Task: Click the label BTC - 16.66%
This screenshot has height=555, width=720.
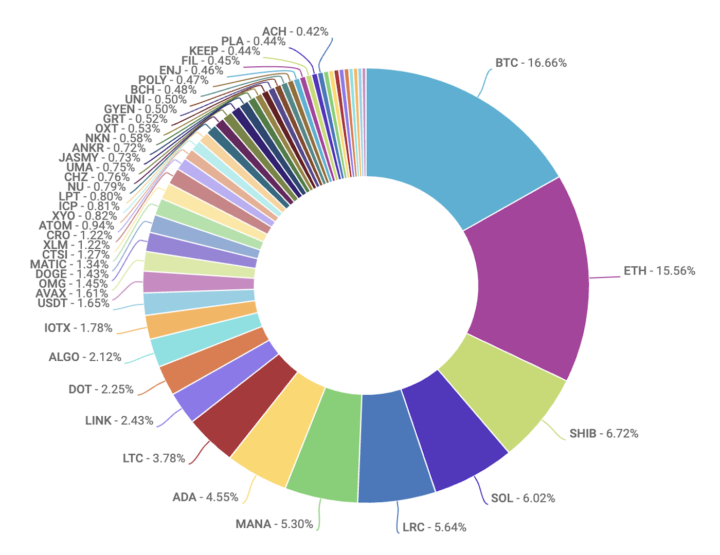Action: pyautogui.click(x=531, y=63)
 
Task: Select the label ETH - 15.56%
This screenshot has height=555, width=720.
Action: pyautogui.click(x=659, y=271)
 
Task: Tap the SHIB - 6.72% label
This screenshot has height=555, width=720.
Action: pyautogui.click(x=604, y=434)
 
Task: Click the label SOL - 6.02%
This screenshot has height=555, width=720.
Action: pyautogui.click(x=523, y=498)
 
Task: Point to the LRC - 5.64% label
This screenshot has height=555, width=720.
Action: pyautogui.click(x=435, y=527)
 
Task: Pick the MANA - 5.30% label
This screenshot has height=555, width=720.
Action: pyautogui.click(x=274, y=524)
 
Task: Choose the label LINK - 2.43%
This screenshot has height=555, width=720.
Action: pyautogui.click(x=119, y=421)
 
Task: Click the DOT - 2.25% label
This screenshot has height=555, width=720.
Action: pyautogui.click(x=101, y=390)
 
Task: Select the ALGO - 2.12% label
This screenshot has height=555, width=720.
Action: pyautogui.click(x=85, y=357)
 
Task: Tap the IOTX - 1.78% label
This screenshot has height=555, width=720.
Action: pyautogui.click(x=78, y=328)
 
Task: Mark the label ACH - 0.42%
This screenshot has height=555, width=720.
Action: pyautogui.click(x=295, y=32)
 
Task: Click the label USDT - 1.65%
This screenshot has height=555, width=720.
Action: pyautogui.click(x=74, y=303)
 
